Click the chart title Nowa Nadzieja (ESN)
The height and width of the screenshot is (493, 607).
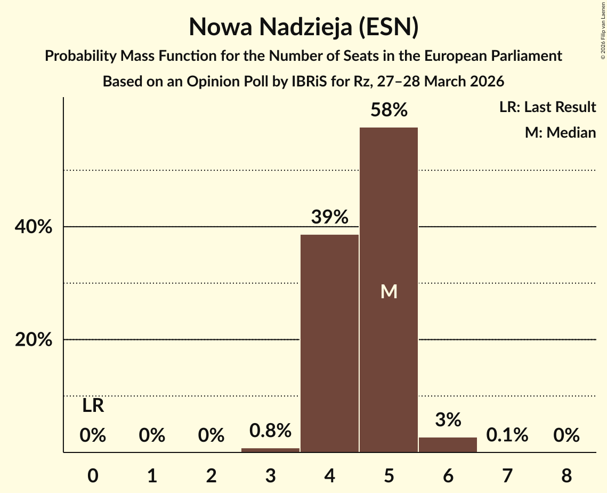[303, 27]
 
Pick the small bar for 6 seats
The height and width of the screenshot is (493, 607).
[448, 445]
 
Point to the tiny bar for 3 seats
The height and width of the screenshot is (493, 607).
[270, 450]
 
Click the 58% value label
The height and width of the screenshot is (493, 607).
[389, 110]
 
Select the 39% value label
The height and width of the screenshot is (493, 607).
[329, 217]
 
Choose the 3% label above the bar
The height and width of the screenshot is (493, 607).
[448, 420]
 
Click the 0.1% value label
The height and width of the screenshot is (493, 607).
[507, 435]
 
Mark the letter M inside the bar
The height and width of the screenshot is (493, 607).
[389, 291]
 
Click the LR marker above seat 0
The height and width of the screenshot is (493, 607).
[93, 406]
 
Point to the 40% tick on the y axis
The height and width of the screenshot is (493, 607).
[34, 227]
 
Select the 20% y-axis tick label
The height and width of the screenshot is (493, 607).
[34, 339]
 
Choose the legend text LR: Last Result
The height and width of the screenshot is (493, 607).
[547, 107]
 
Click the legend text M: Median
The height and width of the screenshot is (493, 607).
[560, 132]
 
